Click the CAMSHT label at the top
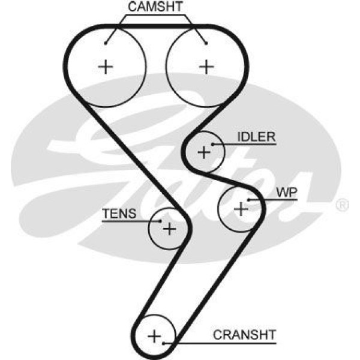click(155, 7)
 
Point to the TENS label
click(119, 214)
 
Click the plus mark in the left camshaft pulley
click(106, 66)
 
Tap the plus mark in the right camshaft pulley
click(206, 66)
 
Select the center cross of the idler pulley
click(204, 152)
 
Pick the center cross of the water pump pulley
click(241, 209)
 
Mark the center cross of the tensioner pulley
click(170, 228)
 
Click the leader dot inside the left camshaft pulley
click(106, 43)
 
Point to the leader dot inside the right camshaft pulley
click(206, 43)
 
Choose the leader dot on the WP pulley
click(248, 199)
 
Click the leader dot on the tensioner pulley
click(160, 221)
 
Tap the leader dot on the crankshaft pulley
click(163, 342)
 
